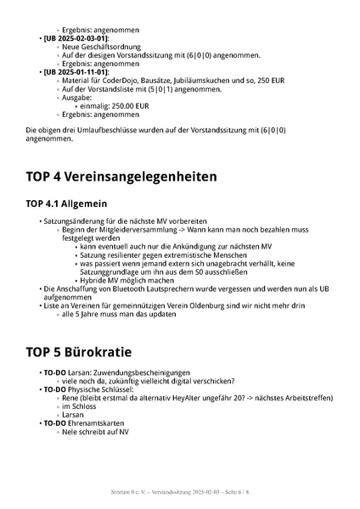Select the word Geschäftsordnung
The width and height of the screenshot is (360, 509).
click(100, 47)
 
